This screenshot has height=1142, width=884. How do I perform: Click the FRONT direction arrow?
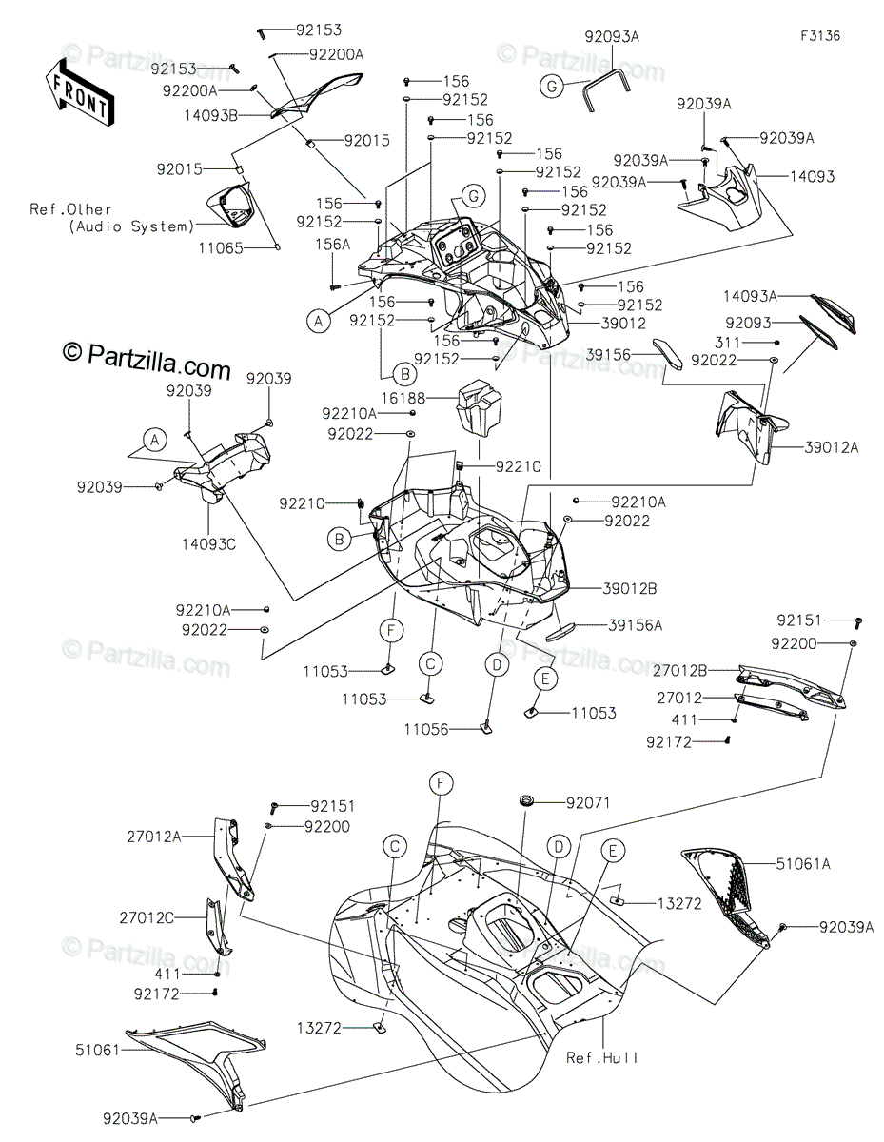click(x=79, y=92)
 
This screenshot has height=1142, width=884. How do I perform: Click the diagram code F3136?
click(x=820, y=36)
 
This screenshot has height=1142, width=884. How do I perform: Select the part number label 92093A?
click(x=612, y=37)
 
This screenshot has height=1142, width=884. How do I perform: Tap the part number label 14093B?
click(x=210, y=115)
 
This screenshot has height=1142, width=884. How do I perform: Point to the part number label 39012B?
click(x=629, y=588)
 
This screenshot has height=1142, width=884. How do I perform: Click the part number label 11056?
click(x=426, y=729)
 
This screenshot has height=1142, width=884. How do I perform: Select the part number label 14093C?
click(x=209, y=544)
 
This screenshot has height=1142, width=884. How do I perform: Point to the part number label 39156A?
click(x=636, y=625)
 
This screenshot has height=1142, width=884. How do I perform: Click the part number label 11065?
click(x=221, y=248)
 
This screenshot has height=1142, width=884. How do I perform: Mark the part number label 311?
click(x=727, y=343)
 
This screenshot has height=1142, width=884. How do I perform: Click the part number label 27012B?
click(x=679, y=671)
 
